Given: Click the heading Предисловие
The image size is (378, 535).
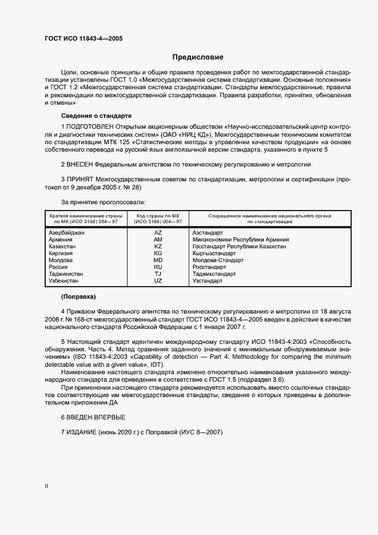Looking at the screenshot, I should [x=198, y=57].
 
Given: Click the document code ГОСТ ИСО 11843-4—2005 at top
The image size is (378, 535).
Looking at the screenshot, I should [x=83, y=39].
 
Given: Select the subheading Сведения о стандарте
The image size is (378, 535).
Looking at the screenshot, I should [x=92, y=115].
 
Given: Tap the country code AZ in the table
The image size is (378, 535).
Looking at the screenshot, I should [x=158, y=232].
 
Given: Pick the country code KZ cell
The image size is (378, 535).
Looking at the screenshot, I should [x=158, y=246].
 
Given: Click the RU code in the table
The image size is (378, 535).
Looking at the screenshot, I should [x=158, y=267].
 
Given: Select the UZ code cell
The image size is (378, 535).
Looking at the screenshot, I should [x=158, y=281].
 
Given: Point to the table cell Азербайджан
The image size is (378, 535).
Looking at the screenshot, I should [x=67, y=232].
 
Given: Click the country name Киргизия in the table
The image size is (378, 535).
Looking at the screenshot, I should [x=62, y=253].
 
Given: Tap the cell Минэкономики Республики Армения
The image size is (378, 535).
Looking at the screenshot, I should [x=241, y=239].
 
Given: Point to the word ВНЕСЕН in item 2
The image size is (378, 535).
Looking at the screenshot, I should [x=80, y=164].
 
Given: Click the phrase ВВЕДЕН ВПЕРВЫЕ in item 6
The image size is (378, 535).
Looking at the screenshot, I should [x=96, y=417].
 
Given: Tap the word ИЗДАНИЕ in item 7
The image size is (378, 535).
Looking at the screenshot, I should [x=82, y=432].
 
